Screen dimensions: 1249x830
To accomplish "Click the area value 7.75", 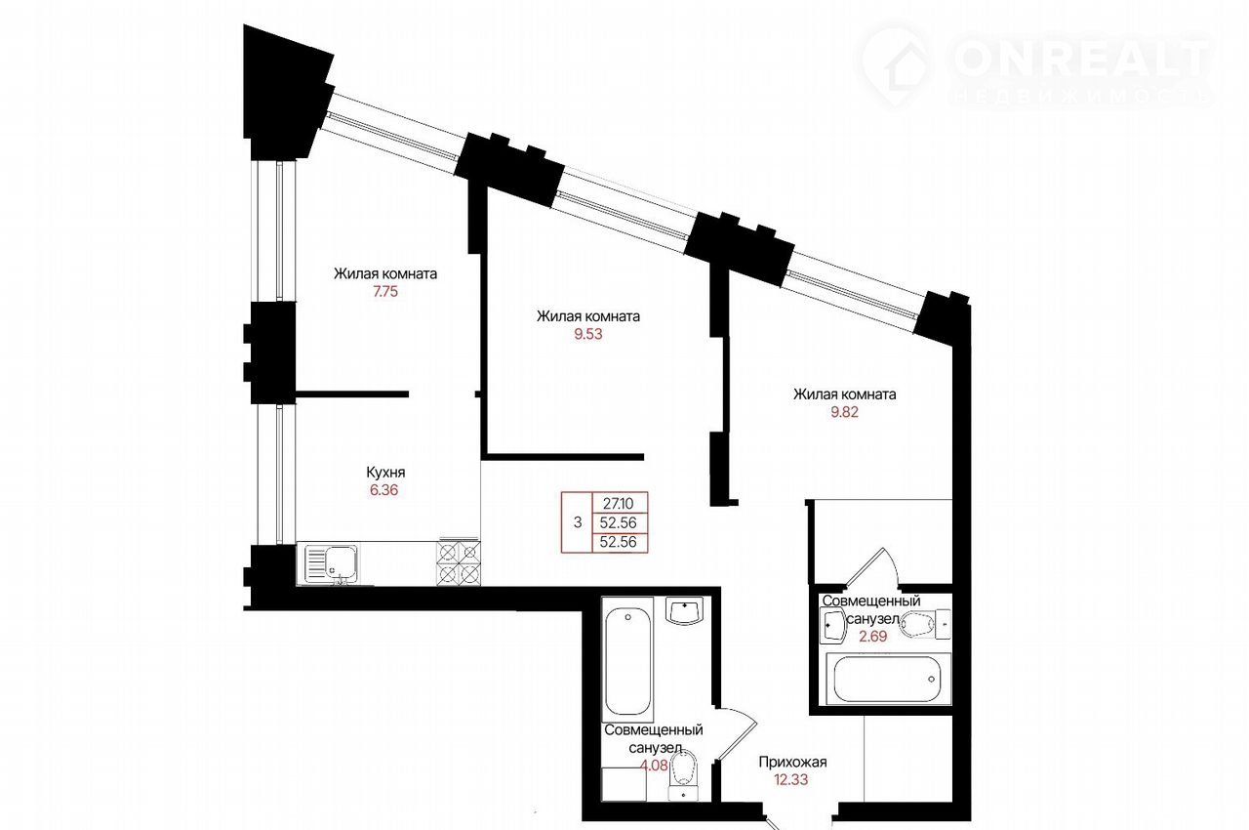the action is (385, 292).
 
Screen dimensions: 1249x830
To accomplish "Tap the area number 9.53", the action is (588, 334).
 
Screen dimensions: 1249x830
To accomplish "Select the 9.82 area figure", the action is (844, 412).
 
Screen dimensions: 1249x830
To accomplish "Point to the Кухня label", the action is (385, 473).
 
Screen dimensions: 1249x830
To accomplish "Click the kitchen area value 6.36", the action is (384, 490).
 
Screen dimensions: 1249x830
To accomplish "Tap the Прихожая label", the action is (792, 762).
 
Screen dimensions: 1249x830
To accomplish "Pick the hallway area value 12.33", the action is (791, 780).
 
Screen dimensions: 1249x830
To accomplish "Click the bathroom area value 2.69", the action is (872, 637).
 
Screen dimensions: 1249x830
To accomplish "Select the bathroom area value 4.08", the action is (654, 766).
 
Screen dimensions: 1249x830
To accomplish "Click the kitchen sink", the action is (331, 564).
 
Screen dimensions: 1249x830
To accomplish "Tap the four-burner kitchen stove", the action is (459, 562).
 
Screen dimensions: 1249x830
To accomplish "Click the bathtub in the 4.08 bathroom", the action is (627, 659).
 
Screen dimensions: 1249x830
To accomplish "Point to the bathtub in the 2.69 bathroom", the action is (887, 679).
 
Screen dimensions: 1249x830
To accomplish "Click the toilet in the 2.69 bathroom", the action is (925, 623).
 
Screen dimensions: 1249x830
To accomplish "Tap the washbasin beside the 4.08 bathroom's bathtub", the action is (685, 612).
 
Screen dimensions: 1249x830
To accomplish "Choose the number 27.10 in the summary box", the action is (619, 504).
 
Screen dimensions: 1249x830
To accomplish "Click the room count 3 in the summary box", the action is (578, 522).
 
